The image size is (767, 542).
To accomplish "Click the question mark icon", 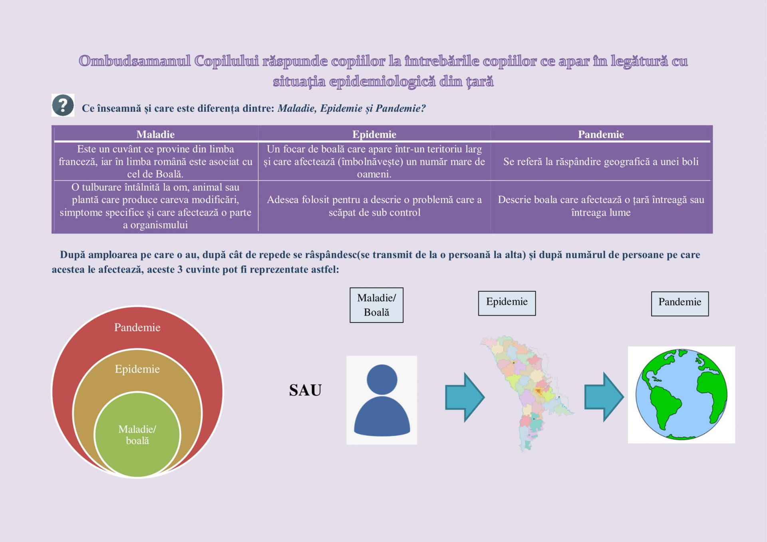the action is (63, 105).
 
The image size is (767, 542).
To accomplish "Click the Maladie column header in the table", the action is (155, 135).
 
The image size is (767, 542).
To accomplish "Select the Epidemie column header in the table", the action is (374, 135).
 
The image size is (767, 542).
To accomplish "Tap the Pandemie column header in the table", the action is (601, 135).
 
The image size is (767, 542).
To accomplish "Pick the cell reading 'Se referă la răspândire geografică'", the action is (601, 162).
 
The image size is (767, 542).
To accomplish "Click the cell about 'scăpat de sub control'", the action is (374, 206).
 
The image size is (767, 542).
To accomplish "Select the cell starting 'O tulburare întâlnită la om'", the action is (155, 206).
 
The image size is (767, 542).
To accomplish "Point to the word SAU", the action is (305, 390).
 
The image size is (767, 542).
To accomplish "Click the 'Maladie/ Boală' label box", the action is (376, 305).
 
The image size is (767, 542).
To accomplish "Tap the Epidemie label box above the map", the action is (507, 303).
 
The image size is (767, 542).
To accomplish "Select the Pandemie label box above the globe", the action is (680, 304).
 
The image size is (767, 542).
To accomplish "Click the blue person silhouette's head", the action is (382, 380).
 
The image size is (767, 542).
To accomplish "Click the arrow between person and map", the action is (465, 398).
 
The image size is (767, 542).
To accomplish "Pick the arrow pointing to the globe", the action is (604, 397).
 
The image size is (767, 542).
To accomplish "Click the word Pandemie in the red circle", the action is (137, 327).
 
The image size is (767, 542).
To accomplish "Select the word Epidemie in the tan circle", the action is (137, 369).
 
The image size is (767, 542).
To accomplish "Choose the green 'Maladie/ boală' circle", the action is (137, 435).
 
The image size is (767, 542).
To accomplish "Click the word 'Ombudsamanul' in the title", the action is (135, 61).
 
